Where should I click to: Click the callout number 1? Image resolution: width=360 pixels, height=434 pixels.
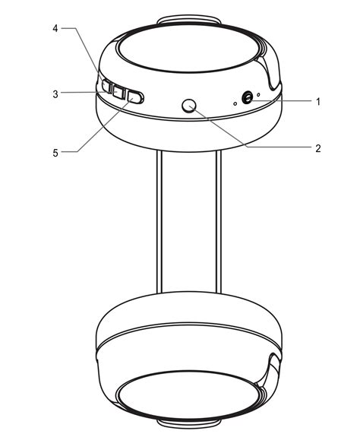[x=318, y=102]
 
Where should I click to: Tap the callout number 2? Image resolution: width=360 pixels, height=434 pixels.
[x=318, y=148]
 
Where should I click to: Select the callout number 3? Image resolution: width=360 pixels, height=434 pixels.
[x=55, y=94]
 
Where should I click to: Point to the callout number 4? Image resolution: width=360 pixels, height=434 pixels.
[x=55, y=28]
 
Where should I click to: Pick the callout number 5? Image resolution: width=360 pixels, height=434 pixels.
[x=55, y=153]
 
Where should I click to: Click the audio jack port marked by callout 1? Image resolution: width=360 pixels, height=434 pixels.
[x=247, y=98]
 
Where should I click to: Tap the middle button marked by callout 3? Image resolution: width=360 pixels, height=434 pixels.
[x=118, y=92]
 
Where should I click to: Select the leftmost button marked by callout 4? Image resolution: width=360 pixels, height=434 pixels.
[x=106, y=86]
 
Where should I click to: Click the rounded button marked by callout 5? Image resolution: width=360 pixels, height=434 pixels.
[x=135, y=97]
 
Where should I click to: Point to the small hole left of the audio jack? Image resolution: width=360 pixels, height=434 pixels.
[x=235, y=104]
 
